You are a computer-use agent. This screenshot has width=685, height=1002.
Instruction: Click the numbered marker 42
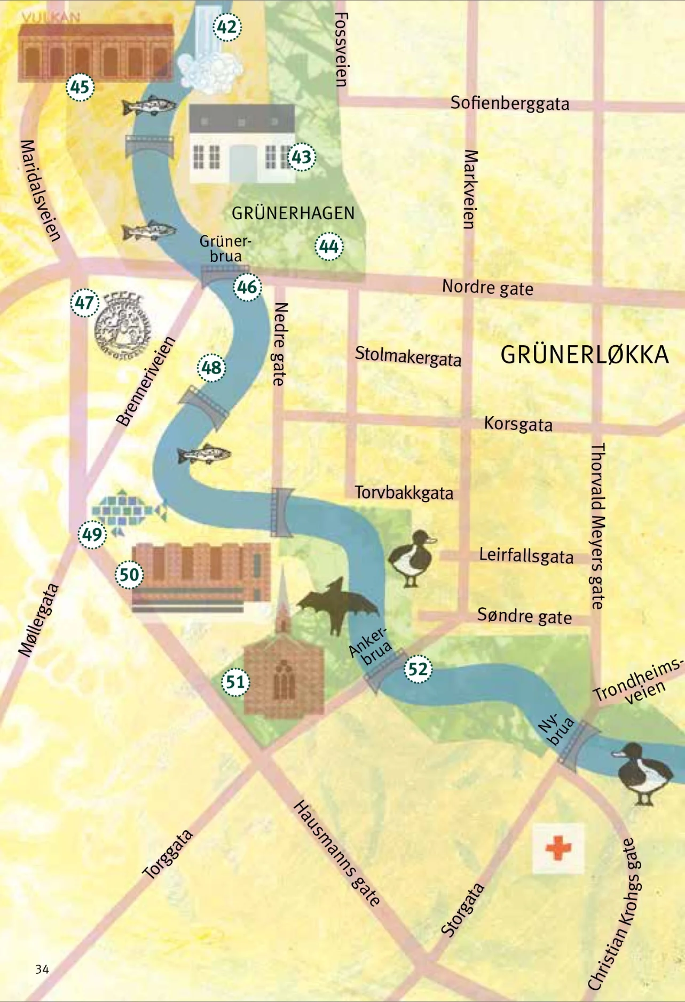227,27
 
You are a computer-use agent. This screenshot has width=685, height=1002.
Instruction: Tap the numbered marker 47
84,303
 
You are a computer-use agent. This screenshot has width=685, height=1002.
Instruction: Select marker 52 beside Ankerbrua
418,669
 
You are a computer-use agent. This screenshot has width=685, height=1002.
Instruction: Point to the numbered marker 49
92,534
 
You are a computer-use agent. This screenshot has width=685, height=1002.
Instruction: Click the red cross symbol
558,848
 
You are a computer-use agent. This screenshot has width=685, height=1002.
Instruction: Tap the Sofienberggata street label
509,103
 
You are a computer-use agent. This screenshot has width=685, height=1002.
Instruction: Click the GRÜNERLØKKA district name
584,355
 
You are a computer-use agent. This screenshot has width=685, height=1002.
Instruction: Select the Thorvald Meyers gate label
597,526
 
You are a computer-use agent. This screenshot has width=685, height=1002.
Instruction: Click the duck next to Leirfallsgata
411,558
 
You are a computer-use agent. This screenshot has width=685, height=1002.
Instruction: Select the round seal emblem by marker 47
122,327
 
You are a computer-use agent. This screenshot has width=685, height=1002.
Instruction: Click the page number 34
42,969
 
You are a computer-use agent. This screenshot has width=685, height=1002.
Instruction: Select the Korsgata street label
518,424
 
